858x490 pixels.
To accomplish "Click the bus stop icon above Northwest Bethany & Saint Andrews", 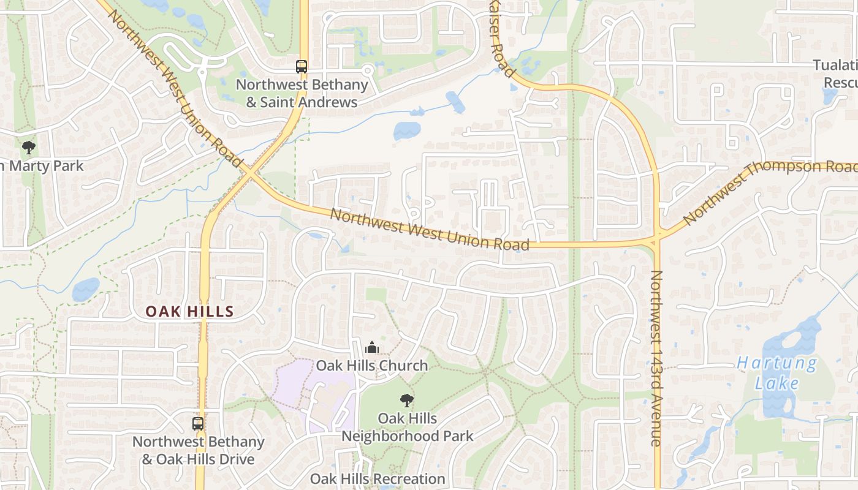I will pyautogui.click(x=301, y=66).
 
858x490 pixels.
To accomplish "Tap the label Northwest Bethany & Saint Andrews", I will pyautogui.click(x=302, y=93).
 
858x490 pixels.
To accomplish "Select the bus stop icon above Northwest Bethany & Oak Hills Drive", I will pyautogui.click(x=198, y=423).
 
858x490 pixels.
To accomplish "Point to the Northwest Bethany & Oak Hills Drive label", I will pyautogui.click(x=198, y=450).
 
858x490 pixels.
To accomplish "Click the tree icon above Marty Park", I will pyautogui.click(x=28, y=147).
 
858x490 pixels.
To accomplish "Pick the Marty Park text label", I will pyautogui.click(x=43, y=166).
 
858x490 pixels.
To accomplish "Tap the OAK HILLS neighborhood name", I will pyautogui.click(x=190, y=312).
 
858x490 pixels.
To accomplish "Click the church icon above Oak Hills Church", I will pyautogui.click(x=371, y=347).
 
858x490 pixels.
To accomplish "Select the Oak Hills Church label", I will pyautogui.click(x=371, y=366).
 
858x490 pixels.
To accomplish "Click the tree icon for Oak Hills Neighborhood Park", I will pyautogui.click(x=406, y=401).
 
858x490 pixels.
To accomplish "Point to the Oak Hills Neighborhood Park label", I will pyautogui.click(x=408, y=427).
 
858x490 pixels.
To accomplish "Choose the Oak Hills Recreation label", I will pyautogui.click(x=378, y=478).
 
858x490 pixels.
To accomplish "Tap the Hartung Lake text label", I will pyautogui.click(x=777, y=373).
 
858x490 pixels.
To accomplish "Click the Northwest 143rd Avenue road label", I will pyautogui.click(x=656, y=358).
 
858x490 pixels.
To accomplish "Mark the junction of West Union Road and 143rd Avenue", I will pyautogui.click(x=656, y=239).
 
